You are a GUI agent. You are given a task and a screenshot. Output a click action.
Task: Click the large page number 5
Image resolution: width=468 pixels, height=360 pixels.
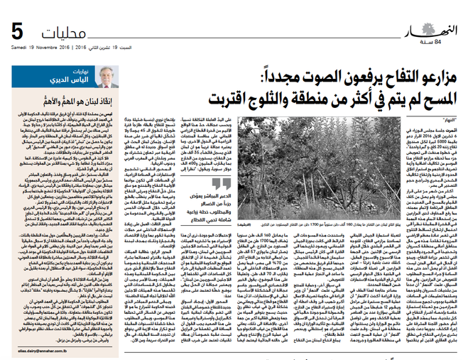[x=19, y=32]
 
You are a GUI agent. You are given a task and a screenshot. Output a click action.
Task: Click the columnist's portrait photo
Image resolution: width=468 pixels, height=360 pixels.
[x=106, y=76]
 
